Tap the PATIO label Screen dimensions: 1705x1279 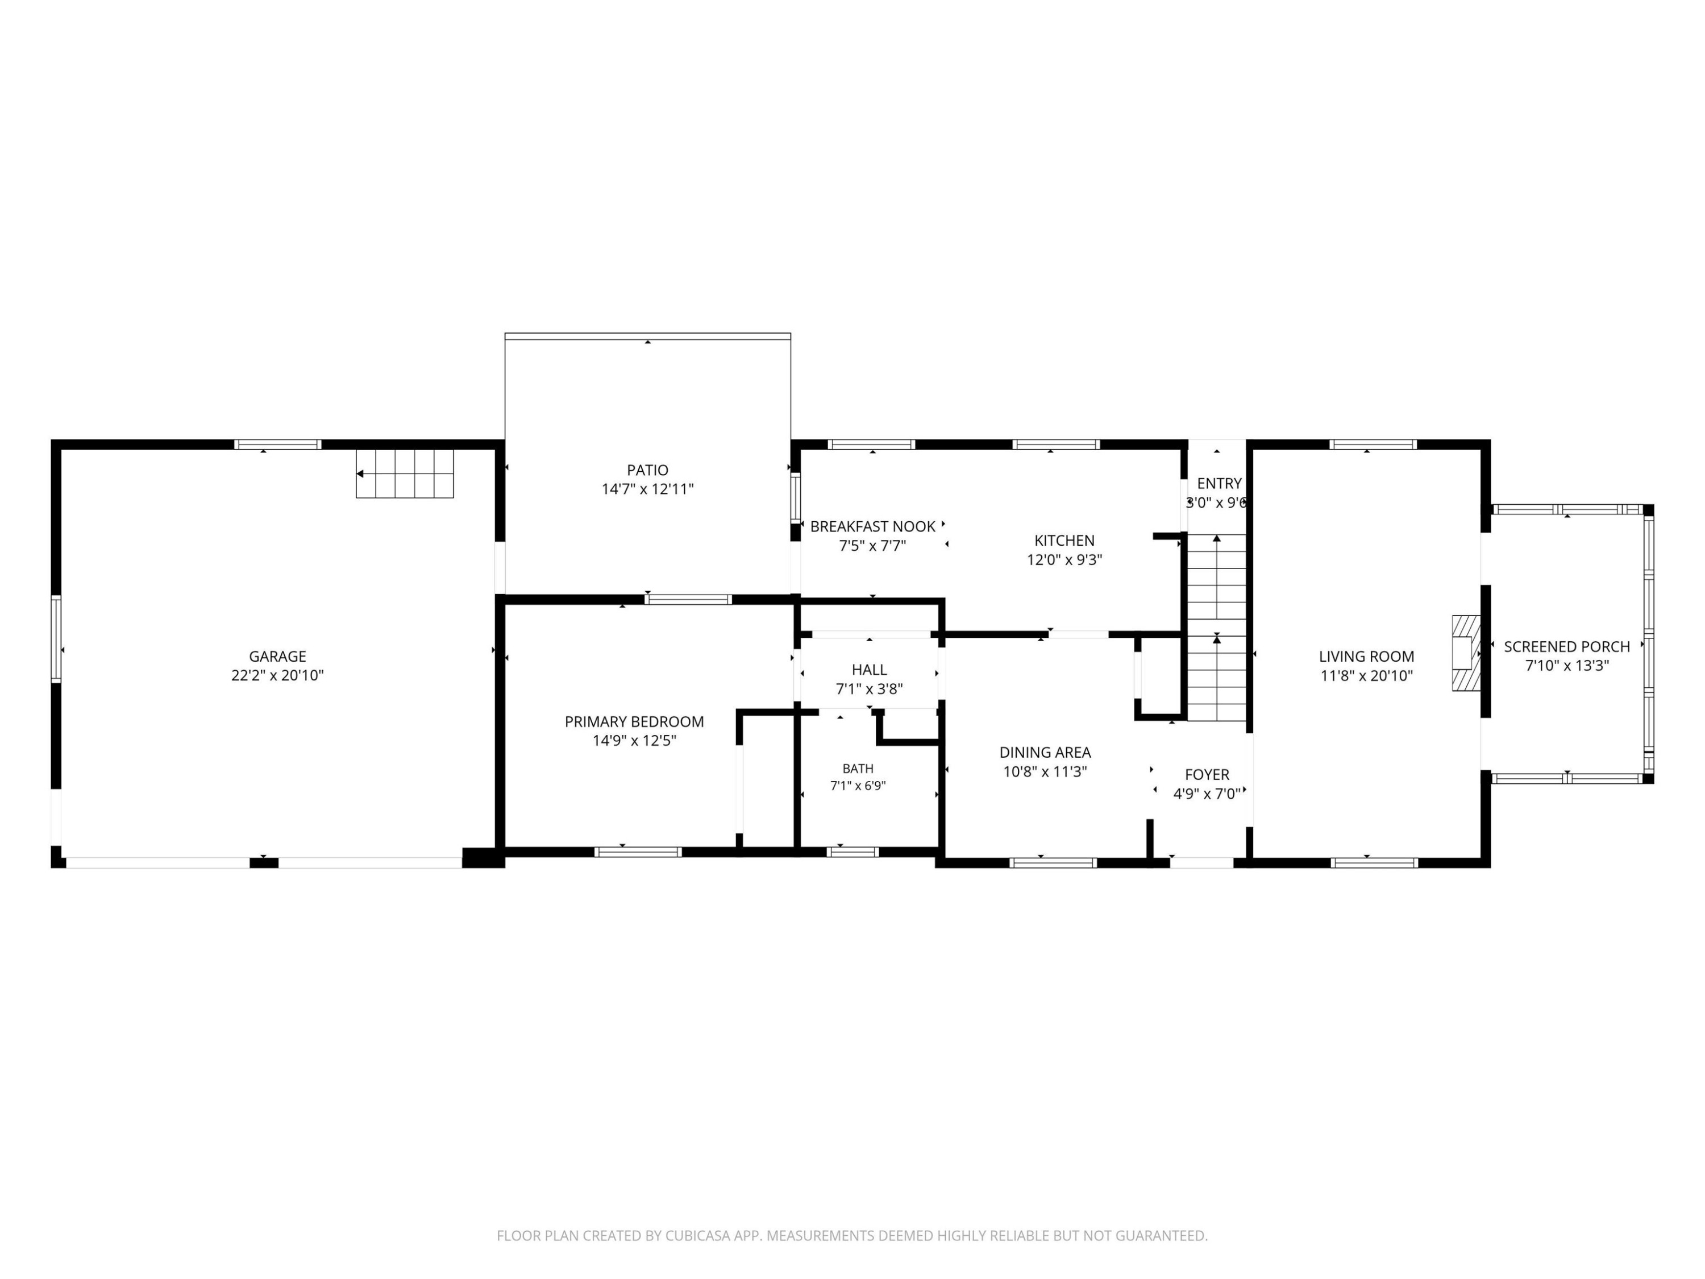tap(647, 470)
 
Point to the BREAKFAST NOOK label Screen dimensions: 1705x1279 tap(872, 526)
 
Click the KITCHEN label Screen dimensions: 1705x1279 tap(1064, 541)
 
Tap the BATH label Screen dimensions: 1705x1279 tap(858, 769)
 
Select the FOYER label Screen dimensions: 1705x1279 tap(1207, 775)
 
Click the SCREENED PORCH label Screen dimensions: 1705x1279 tap(1567, 647)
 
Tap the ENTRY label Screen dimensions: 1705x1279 tap(1220, 483)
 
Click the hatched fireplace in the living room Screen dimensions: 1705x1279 tap(1466, 653)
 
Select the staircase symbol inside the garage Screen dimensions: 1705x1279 tap(405, 474)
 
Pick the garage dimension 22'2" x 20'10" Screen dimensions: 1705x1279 tap(277, 675)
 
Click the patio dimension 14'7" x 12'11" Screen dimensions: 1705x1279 tap(647, 489)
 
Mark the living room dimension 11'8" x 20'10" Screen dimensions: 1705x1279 tap(1367, 676)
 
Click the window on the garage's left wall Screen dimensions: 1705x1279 tap(56, 638)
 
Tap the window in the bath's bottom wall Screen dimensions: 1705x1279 tap(852, 852)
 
